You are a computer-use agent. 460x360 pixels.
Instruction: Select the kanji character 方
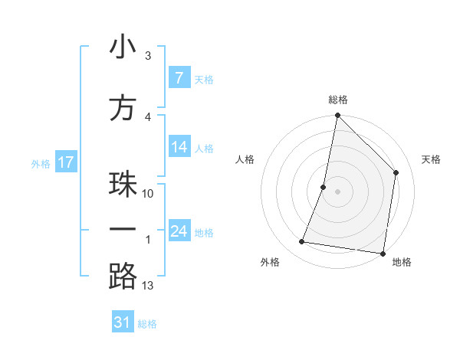click(x=123, y=109)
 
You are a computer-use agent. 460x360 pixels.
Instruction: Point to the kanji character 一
click(x=123, y=230)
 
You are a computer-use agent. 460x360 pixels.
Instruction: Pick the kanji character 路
click(x=123, y=277)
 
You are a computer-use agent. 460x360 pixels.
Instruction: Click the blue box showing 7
click(x=179, y=78)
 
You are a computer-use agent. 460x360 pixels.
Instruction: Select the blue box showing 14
click(x=179, y=147)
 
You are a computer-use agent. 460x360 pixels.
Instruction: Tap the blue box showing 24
click(x=179, y=231)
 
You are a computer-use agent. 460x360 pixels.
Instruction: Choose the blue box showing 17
click(x=66, y=162)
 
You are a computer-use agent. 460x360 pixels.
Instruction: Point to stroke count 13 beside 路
click(x=148, y=286)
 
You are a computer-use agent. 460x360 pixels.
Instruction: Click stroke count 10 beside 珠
click(x=148, y=193)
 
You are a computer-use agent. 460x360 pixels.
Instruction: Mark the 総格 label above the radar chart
click(x=338, y=100)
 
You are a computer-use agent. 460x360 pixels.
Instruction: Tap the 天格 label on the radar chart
click(x=431, y=159)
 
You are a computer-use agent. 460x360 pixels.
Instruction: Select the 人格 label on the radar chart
click(x=245, y=159)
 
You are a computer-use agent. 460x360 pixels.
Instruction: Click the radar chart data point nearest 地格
click(x=383, y=254)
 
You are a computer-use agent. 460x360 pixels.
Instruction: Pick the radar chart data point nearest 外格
click(x=301, y=242)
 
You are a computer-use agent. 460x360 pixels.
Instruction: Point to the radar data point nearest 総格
click(x=337, y=116)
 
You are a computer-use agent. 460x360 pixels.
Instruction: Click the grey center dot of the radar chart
click(x=337, y=191)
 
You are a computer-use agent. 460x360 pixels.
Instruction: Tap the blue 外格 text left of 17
click(x=41, y=163)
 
